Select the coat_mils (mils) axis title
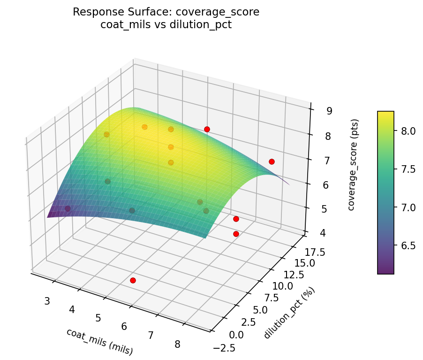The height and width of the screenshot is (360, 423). (99, 341)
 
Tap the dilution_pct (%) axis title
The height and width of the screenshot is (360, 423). (289, 313)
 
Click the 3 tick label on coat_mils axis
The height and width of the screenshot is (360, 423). (47, 301)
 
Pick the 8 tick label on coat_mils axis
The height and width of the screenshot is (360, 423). (177, 345)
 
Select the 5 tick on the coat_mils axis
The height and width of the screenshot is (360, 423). (98, 318)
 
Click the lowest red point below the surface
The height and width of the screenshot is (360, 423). (133, 280)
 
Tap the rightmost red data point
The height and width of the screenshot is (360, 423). (272, 161)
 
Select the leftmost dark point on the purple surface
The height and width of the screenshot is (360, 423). (68, 208)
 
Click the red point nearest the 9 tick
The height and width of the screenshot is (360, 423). (207, 129)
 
